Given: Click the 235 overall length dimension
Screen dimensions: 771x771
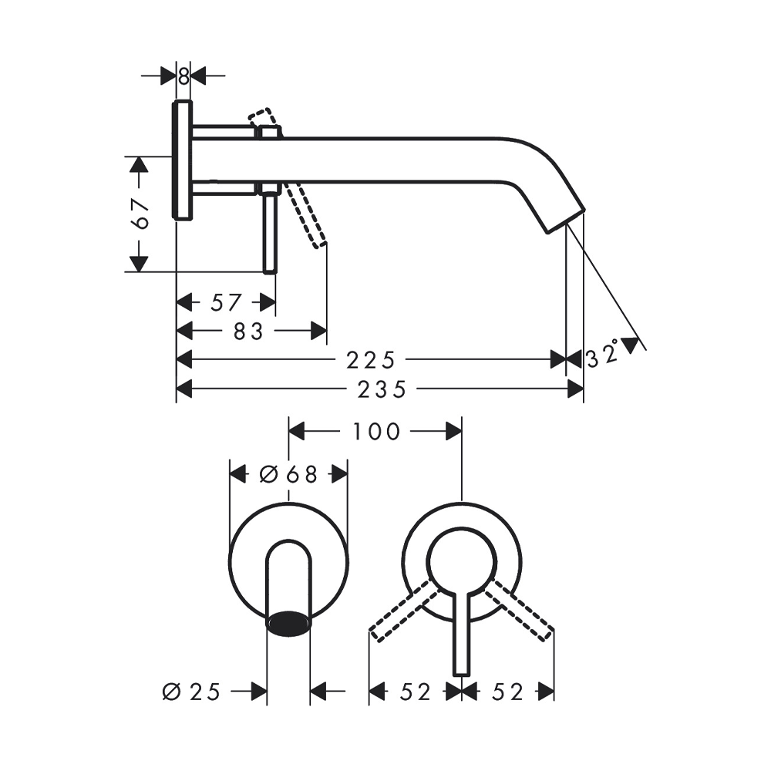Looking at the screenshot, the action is pyautogui.click(x=382, y=390).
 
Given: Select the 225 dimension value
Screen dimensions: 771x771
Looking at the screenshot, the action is pyautogui.click(x=371, y=360).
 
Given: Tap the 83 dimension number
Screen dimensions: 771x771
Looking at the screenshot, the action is pyautogui.click(x=248, y=332).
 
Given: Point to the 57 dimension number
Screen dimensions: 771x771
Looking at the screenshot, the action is pyautogui.click(x=226, y=302).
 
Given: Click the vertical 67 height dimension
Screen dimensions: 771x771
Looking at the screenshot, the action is pyautogui.click(x=141, y=214).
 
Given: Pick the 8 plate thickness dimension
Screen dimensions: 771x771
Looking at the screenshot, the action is pyautogui.click(x=183, y=76).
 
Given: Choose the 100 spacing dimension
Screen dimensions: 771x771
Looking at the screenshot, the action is pyautogui.click(x=376, y=432).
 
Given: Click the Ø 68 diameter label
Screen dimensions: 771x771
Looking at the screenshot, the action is pyautogui.click(x=288, y=474).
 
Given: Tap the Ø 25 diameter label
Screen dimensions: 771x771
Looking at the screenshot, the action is pyautogui.click(x=191, y=692).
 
